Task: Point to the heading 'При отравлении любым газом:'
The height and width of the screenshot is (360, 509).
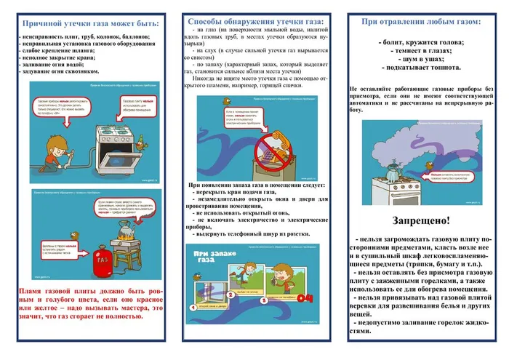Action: (x=421, y=21)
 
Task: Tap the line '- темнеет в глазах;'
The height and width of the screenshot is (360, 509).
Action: (x=421, y=52)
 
